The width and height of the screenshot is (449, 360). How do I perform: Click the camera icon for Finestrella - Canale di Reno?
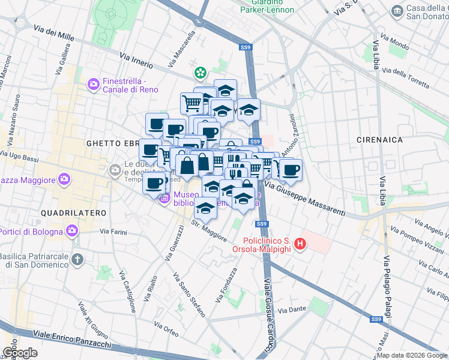(x=94, y=85)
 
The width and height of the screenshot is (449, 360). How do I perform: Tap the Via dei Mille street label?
(x=54, y=34)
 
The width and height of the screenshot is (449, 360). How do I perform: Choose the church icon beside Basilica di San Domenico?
(x=76, y=260)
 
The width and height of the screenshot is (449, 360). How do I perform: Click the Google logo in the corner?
(x=19, y=352)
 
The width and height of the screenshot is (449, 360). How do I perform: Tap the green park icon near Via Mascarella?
(x=199, y=73)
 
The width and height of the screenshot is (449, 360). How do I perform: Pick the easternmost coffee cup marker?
(x=291, y=170)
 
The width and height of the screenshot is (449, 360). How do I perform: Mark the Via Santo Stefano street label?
(x=189, y=295)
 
